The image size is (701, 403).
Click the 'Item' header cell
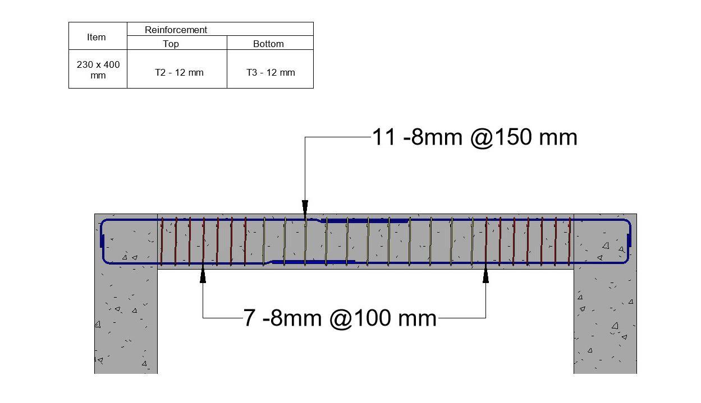96,37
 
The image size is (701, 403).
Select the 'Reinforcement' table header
176,30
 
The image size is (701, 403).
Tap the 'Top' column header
171,44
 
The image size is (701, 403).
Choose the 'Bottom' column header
268,44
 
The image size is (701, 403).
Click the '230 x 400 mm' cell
98,70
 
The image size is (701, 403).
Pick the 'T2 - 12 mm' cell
179,72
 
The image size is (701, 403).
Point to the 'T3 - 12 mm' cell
271,72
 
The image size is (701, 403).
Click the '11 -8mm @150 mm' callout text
475,137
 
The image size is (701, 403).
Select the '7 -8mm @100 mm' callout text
340,318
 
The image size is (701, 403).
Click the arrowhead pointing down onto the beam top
305,207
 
